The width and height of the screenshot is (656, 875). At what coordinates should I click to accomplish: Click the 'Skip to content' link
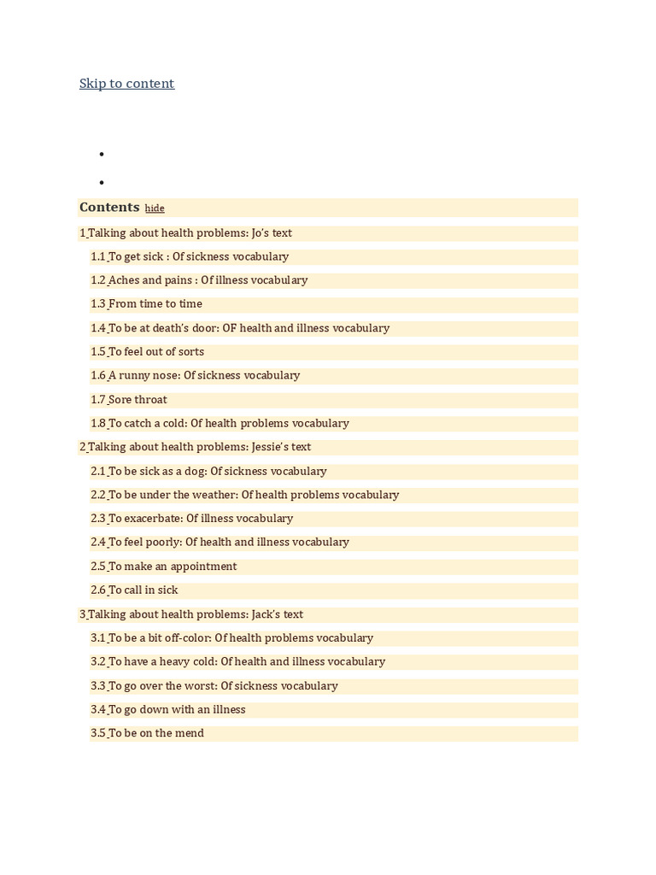tap(126, 84)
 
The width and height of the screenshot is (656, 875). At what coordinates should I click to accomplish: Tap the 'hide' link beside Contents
tap(155, 208)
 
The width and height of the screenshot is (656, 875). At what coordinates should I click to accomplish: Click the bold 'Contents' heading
tap(109, 208)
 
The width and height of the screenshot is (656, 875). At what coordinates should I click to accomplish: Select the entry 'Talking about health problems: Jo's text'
tap(189, 233)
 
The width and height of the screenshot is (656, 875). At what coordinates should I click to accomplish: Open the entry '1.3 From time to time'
tap(147, 304)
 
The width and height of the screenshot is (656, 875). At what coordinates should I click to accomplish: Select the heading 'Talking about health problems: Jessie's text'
tap(198, 447)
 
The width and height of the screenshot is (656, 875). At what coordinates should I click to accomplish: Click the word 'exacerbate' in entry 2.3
tap(153, 519)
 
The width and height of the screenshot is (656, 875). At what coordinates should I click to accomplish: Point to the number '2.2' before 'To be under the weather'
tap(98, 495)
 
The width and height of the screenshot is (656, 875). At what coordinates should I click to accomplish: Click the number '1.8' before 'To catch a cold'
tap(98, 424)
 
